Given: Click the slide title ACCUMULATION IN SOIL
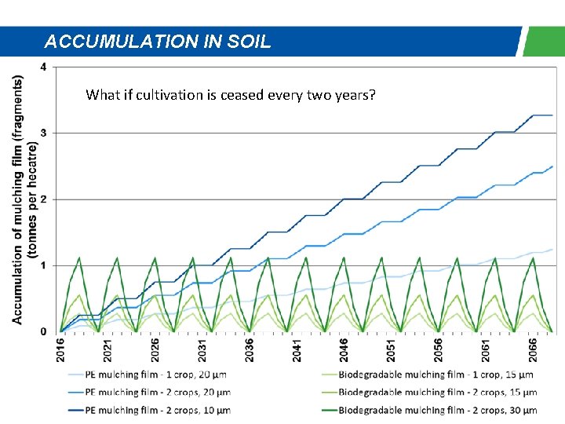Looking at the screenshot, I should click(x=158, y=42).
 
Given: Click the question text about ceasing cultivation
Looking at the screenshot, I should click(x=231, y=95).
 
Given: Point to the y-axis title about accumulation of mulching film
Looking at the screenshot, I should click(x=23, y=199).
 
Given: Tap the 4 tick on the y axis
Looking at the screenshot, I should click(x=43, y=67).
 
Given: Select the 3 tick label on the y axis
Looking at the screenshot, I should click(x=43, y=133).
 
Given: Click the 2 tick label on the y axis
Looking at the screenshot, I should click(x=43, y=199).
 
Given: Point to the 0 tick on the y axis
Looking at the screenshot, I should click(x=43, y=332).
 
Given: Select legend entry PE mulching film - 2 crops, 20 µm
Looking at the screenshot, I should click(x=157, y=392).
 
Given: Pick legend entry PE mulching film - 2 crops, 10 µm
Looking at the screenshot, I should click(x=157, y=409).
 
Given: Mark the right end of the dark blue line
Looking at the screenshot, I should click(x=552, y=115).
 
